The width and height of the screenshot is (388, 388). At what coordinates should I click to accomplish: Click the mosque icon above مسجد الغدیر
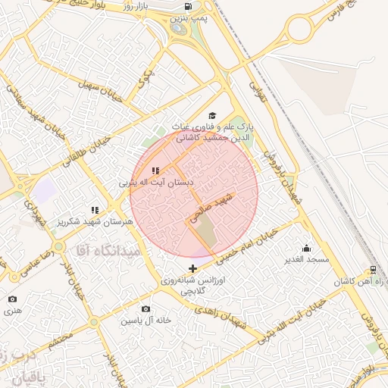(306, 248)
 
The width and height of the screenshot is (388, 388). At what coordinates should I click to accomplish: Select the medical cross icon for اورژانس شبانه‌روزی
(192, 268)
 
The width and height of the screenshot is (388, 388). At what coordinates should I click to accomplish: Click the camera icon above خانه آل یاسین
(145, 309)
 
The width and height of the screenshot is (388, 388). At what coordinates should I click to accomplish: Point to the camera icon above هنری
(12, 299)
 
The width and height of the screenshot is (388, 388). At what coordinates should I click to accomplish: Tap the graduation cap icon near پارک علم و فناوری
(211, 114)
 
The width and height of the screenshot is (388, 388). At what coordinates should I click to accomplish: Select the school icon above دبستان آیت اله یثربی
(155, 171)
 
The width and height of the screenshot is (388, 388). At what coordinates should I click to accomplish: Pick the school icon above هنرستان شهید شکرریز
(95, 210)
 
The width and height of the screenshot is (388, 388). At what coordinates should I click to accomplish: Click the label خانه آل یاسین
(146, 321)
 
